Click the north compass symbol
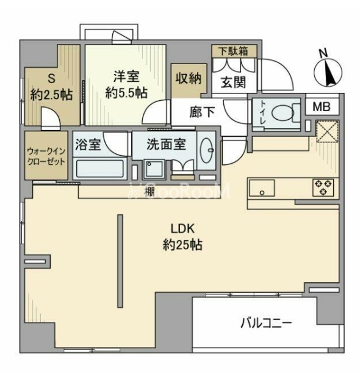[327, 71]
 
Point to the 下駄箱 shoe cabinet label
[234, 51]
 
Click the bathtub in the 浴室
[99, 167]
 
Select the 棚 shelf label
[148, 191]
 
